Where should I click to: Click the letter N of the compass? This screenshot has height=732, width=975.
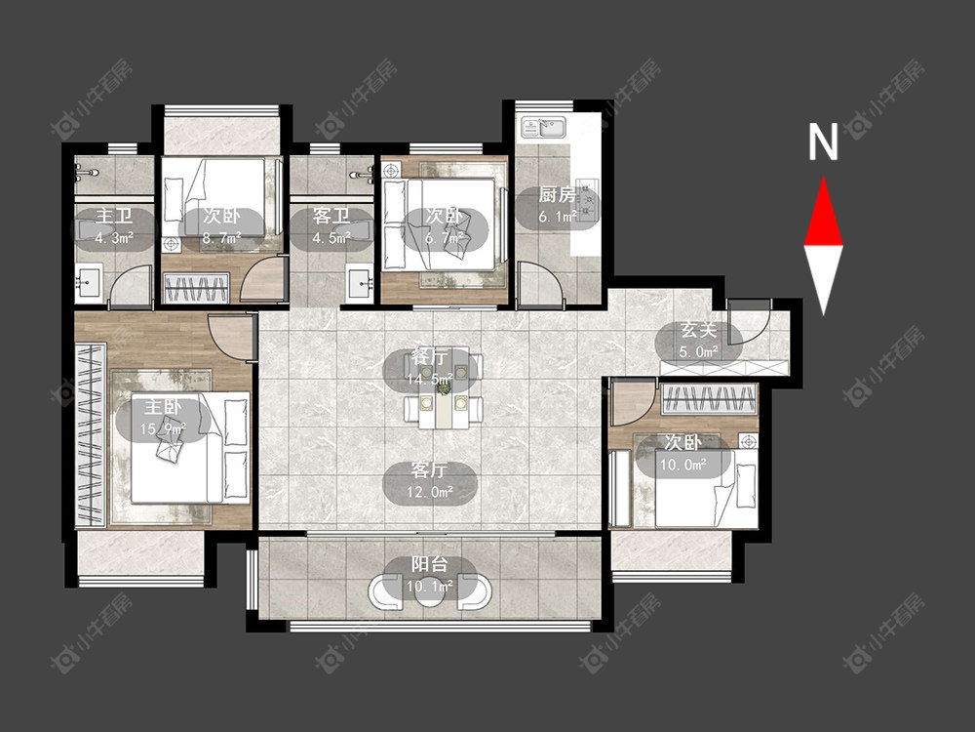823,142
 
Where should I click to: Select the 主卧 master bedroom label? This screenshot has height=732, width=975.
163,407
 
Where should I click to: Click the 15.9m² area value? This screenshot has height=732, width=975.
163,428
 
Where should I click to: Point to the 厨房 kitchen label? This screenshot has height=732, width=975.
557,195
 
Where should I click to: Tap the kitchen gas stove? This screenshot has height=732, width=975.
588,198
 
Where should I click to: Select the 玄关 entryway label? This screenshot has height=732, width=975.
698,330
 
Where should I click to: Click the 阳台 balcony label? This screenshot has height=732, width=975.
430,564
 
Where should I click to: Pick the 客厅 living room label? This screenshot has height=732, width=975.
429,469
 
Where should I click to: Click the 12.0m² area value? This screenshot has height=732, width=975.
430,492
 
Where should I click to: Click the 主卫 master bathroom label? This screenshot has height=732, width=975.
114,216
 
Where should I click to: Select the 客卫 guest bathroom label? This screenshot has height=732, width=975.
331,216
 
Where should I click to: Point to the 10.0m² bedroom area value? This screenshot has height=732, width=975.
683,465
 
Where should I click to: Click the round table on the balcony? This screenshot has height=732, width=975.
430,591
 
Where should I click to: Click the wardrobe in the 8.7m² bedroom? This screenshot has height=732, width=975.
197,290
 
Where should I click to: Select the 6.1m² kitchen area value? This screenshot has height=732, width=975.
558,217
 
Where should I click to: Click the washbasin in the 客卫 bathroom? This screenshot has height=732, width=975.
360,283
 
